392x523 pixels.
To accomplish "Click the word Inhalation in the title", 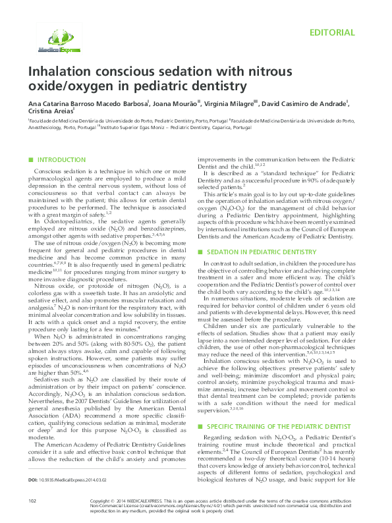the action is [x=56, y=71].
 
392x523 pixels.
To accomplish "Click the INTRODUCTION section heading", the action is [x=61, y=160].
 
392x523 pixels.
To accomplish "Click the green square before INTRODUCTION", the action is [x=31, y=160].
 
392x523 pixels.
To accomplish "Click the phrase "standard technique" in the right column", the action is [x=267, y=173].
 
